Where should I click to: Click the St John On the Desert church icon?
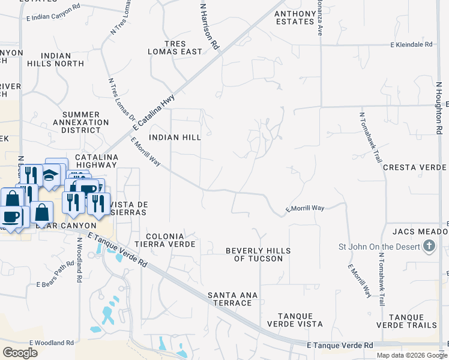429,246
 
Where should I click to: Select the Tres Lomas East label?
175,47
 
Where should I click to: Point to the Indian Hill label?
175,137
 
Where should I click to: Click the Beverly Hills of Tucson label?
258,254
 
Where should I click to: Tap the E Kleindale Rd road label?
411,44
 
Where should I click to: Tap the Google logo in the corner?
20,353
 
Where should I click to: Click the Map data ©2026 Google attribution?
412,355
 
